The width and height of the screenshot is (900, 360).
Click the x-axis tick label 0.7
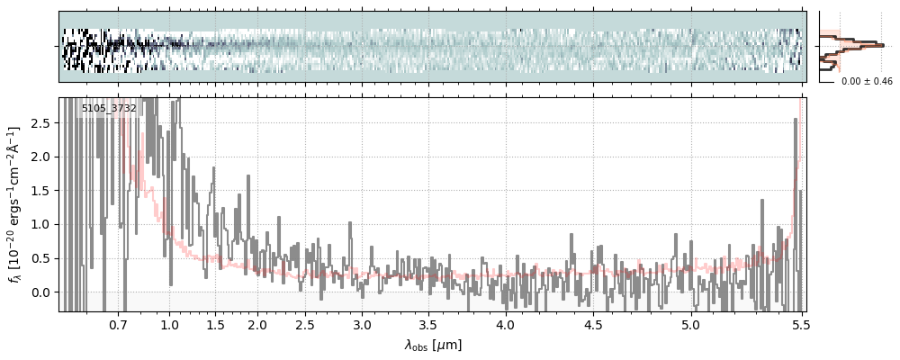[118, 324]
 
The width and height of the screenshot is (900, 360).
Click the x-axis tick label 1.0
[169, 324]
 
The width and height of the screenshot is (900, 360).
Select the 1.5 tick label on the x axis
[216, 324]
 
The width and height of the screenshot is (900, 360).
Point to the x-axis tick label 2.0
[257, 324]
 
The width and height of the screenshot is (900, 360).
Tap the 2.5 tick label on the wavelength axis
[305, 324]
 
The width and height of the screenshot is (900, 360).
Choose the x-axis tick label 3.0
[362, 324]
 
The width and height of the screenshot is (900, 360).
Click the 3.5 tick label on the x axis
[427, 324]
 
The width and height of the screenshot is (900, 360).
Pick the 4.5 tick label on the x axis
[593, 324]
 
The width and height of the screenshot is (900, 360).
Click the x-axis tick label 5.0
[691, 324]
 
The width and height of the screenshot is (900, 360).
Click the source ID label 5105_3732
[109, 109]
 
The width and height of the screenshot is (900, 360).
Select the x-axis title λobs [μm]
[432, 344]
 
